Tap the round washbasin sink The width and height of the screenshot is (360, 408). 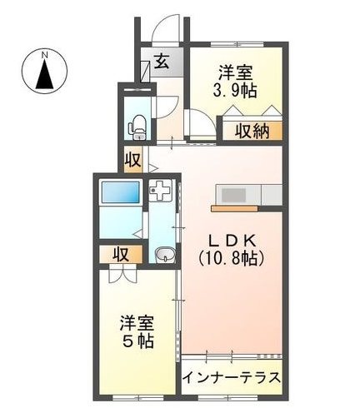[x=164, y=255]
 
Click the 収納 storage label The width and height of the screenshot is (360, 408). [x=251, y=131]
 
